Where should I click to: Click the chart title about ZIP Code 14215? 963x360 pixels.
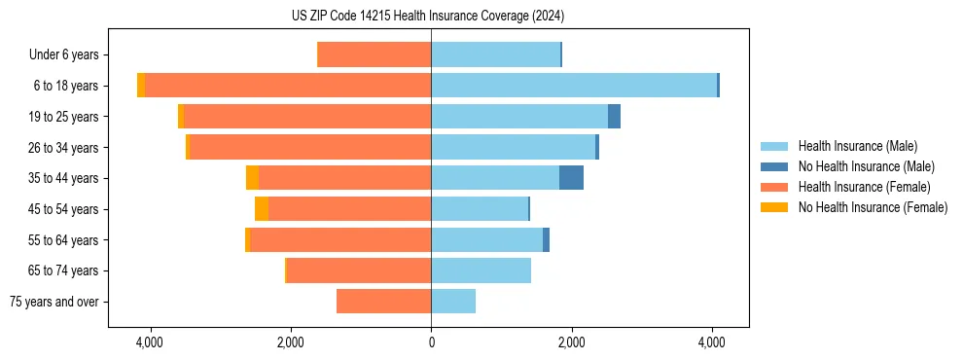click(428, 17)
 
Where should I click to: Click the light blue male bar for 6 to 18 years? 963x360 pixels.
click(574, 86)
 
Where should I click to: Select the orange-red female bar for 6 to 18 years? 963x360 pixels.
click(288, 86)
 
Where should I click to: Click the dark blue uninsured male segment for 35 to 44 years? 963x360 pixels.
click(571, 178)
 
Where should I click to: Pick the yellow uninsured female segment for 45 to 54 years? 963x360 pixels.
click(262, 209)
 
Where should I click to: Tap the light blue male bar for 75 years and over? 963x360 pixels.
click(453, 302)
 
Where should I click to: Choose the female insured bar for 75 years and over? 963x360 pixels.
click(384, 302)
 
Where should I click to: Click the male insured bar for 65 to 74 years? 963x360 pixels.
click(481, 270)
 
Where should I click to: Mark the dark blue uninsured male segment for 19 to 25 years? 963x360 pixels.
click(614, 117)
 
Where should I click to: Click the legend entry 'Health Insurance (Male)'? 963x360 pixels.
click(857, 146)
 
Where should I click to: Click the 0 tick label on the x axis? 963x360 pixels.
click(431, 342)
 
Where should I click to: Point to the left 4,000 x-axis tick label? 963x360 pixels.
click(150, 342)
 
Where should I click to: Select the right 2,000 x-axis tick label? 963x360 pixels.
click(571, 342)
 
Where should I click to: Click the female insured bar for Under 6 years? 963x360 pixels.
click(374, 55)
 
